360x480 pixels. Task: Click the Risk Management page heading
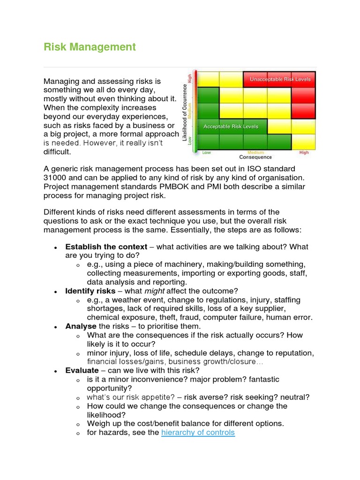point(90,47)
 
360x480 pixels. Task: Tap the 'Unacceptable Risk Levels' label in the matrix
point(280,79)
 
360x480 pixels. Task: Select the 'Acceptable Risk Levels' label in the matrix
point(231,127)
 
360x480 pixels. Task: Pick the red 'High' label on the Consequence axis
point(304,152)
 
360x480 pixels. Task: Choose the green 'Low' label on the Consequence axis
point(206,152)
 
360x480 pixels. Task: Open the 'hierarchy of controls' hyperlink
point(198,433)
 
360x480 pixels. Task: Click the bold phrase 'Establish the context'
point(106,247)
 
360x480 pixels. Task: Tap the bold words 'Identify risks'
point(90,291)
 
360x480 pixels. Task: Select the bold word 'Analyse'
point(81,326)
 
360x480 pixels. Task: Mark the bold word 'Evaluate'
point(82,370)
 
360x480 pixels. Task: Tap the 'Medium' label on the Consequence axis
point(256,152)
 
